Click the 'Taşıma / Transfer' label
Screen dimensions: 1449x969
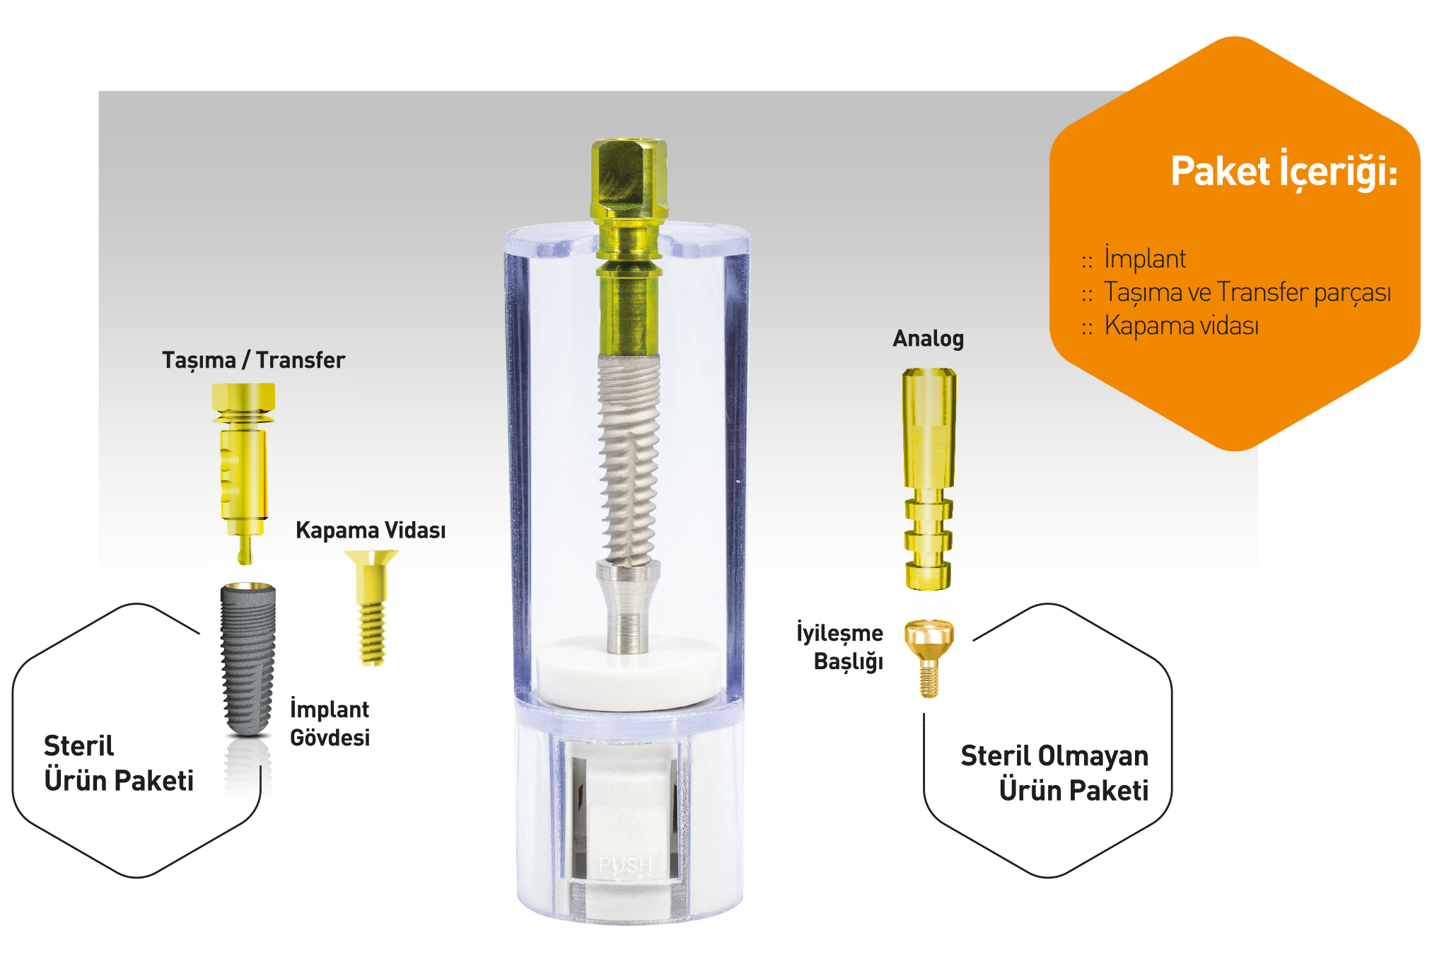253,360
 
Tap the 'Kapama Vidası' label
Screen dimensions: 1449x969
371,530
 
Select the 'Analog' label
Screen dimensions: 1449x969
928,339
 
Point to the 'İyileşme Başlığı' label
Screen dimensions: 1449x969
840,646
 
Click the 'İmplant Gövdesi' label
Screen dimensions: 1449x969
330,723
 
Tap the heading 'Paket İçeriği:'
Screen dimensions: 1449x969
1284,171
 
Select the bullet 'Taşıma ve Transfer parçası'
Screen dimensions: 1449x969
1236,292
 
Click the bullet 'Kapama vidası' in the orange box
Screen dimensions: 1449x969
1170,325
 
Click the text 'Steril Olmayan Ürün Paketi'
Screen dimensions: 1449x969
1054,773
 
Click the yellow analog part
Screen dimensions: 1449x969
929,479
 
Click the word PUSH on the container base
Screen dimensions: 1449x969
625,865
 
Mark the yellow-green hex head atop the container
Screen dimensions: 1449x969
629,178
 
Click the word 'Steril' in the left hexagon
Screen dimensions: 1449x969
78,746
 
